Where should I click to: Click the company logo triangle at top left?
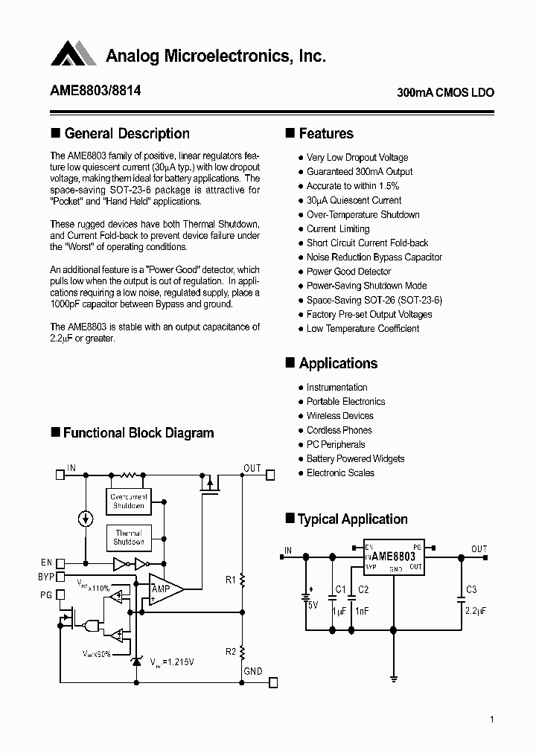click(x=74, y=54)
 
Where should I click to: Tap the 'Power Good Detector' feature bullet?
click(x=348, y=272)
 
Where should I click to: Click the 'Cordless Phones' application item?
click(x=339, y=430)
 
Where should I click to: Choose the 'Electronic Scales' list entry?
click(x=340, y=473)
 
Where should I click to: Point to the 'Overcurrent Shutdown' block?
click(x=129, y=502)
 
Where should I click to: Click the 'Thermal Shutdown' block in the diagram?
click(x=129, y=537)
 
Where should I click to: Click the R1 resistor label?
click(x=231, y=579)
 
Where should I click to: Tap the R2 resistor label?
click(x=231, y=652)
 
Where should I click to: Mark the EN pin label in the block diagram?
click(x=48, y=563)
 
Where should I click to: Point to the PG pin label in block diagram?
click(x=46, y=594)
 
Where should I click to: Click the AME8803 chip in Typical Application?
click(x=393, y=557)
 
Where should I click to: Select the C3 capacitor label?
click(x=470, y=590)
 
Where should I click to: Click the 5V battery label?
click(x=313, y=606)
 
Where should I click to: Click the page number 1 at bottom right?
click(x=492, y=720)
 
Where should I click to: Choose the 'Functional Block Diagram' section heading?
click(x=138, y=433)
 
